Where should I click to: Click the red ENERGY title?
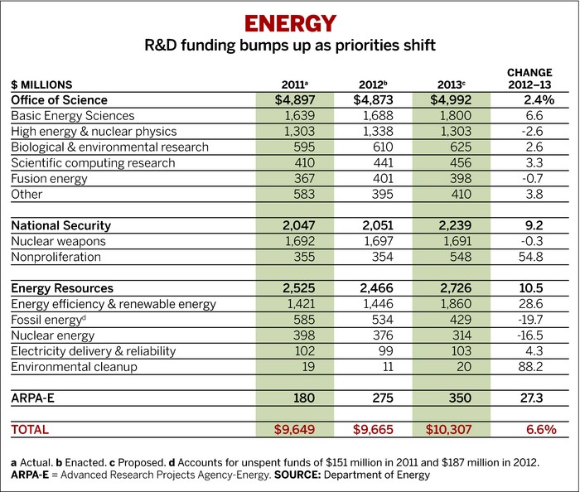289,22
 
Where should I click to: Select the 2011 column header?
295,84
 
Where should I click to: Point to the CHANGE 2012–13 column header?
529,79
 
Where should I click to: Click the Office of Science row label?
59,100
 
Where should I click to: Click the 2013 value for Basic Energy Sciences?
447,116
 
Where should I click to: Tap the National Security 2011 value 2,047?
295,225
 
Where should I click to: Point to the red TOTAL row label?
31,430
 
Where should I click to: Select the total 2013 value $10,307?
447,430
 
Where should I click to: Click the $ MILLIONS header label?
41,84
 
